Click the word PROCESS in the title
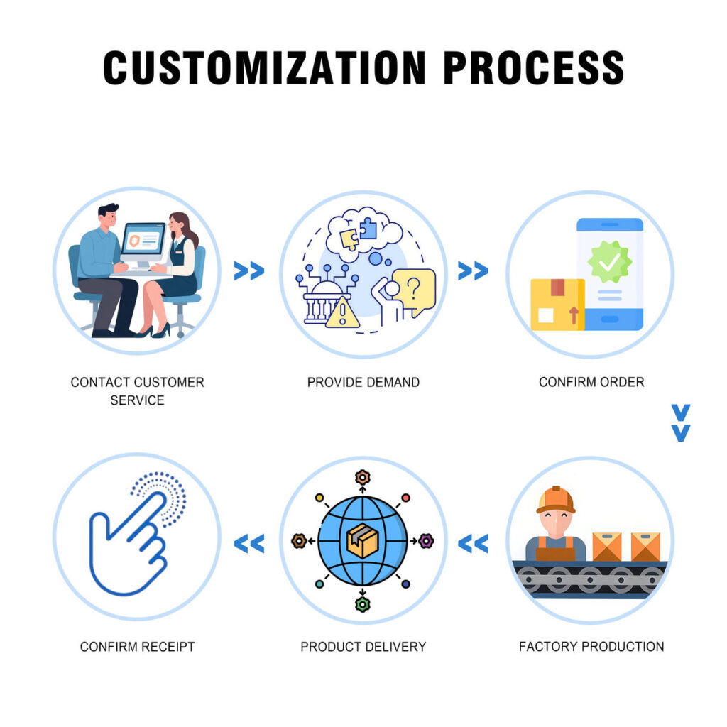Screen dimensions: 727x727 tap(533, 67)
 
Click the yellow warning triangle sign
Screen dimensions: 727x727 tap(341, 312)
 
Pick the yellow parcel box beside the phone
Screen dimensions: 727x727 tap(557, 304)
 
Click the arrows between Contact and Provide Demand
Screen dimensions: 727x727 tap(248, 270)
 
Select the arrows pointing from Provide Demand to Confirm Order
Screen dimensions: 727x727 tap(473, 270)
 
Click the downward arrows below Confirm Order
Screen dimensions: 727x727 tap(680, 423)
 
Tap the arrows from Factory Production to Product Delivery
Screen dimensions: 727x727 tap(473, 544)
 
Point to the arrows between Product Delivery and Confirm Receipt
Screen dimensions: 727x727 tap(248, 544)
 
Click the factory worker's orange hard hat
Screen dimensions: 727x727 tap(556, 499)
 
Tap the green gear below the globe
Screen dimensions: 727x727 tap(363, 604)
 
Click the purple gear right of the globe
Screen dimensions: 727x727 tap(425, 541)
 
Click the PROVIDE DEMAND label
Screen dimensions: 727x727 tap(363, 382)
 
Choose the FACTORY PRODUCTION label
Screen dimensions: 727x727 tap(591, 647)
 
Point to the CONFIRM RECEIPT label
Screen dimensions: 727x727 tap(137, 647)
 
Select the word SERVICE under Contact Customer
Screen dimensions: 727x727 tap(137, 400)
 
